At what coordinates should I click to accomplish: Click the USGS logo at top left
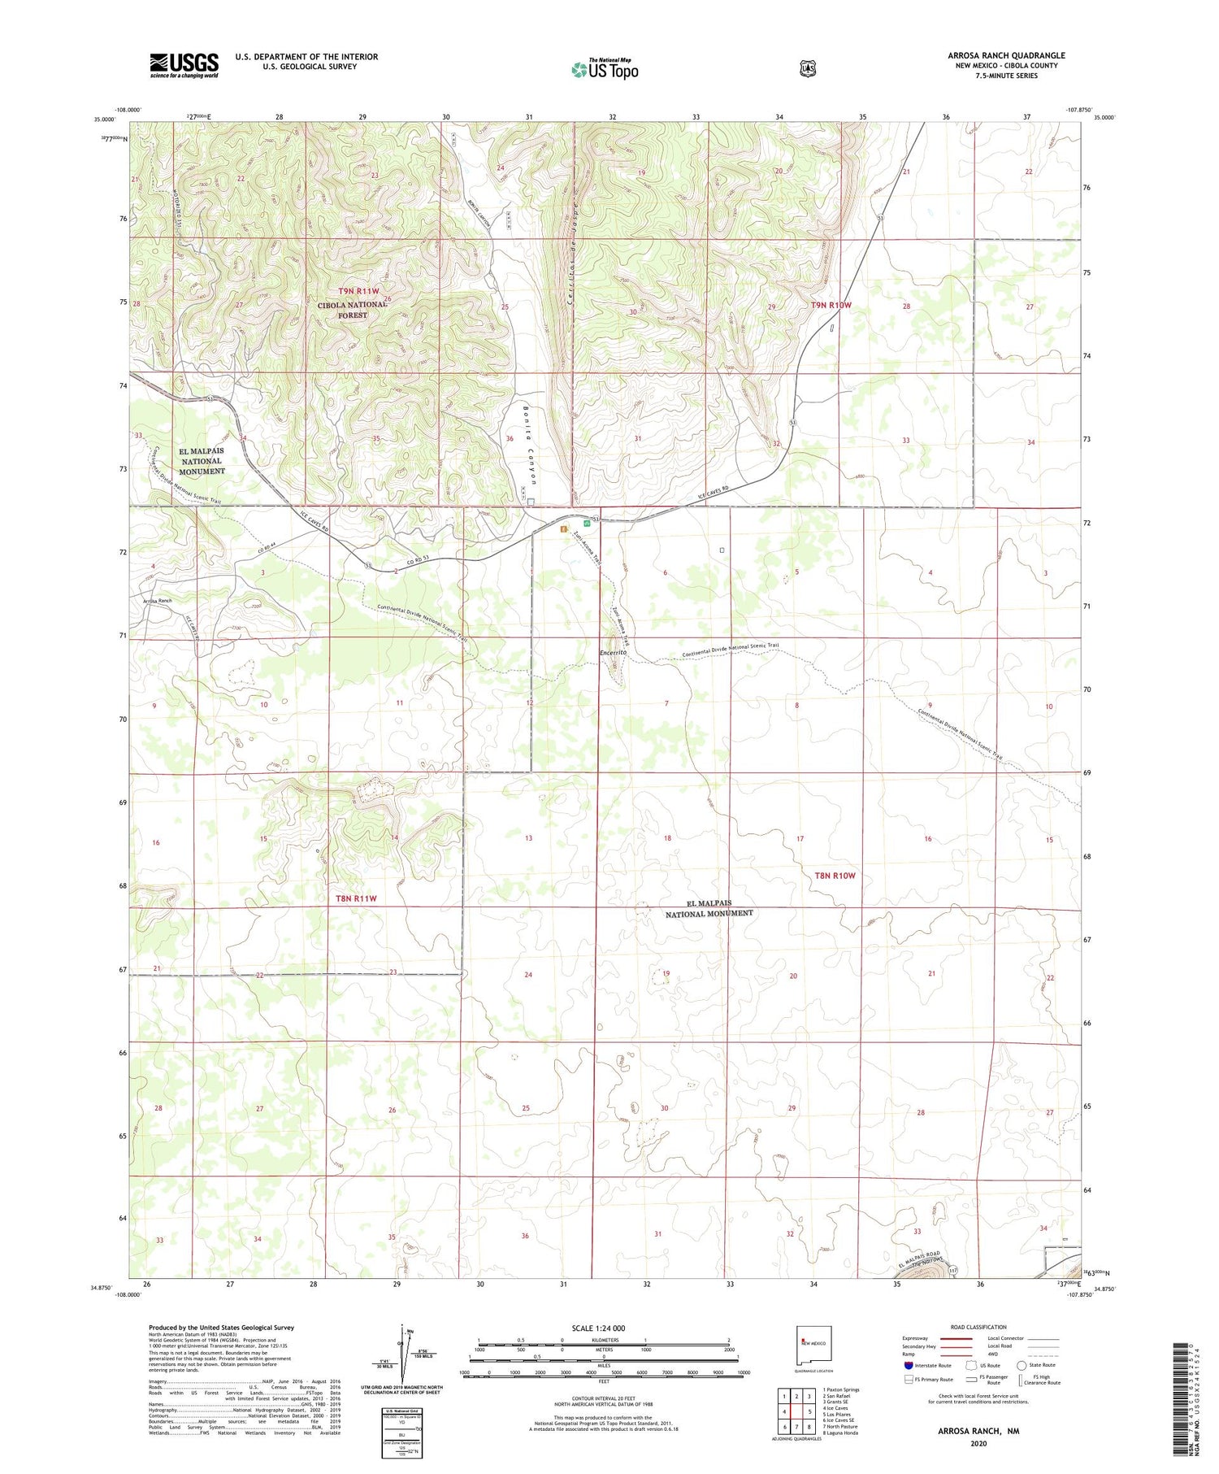click(184, 65)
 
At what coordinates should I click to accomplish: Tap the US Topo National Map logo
click(605, 68)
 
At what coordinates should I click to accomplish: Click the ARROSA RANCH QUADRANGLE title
click(1006, 55)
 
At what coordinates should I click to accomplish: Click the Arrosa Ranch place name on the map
click(157, 601)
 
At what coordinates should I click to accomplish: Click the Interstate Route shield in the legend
click(908, 1365)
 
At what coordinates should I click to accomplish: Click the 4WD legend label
click(993, 1354)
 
